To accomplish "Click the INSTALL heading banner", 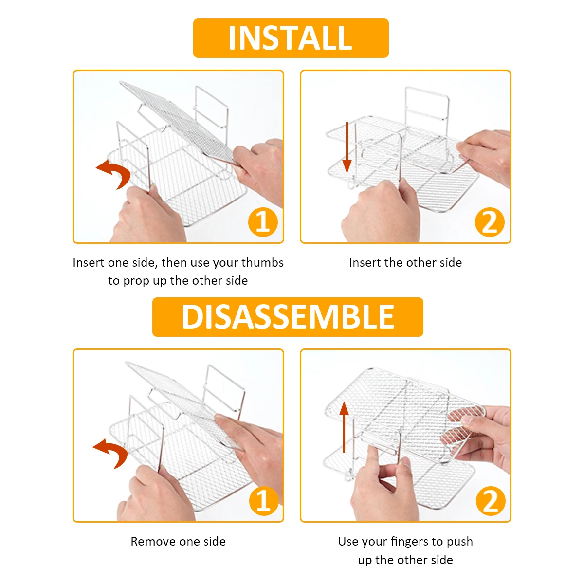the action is coord(291,38).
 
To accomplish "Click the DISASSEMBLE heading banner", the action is coord(288,317).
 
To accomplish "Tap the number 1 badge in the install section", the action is coord(263,222).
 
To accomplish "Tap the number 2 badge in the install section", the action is coord(490,222).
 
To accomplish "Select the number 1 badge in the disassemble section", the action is coord(264,501).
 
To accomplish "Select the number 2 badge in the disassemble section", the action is coord(491,501).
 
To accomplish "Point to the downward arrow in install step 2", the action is coord(347,147).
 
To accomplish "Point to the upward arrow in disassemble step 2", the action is coord(344,427).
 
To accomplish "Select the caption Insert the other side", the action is coord(405,262).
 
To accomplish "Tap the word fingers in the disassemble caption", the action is coord(409,542).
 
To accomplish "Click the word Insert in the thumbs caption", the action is coord(89,262).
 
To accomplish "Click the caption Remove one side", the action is coord(178,541).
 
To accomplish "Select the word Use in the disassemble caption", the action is coord(347,541).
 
